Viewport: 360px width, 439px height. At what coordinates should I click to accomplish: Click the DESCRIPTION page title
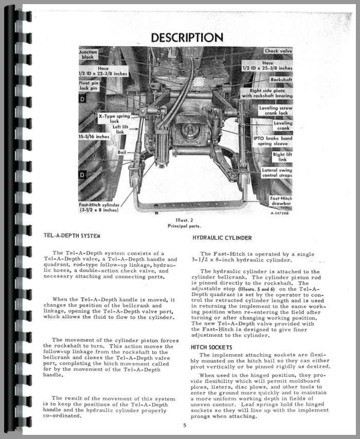pos(187,38)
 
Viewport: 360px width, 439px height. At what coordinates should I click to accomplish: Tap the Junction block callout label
pos(87,55)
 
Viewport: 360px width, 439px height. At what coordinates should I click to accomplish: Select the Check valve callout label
pos(278,51)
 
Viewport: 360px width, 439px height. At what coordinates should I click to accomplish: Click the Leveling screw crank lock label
pos(276,111)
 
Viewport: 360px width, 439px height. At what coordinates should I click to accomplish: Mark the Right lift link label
pos(281,157)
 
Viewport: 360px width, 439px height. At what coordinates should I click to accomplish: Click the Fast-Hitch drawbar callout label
pos(281,201)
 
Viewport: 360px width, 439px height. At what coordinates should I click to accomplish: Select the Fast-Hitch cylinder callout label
pos(100,207)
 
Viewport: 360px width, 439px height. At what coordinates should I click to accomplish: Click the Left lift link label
pos(119,130)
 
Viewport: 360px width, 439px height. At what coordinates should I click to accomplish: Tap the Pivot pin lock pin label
pos(89,85)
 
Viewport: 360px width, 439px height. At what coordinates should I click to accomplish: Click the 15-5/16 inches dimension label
pos(94,137)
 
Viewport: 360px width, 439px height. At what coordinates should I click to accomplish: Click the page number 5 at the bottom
pos(184,425)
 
